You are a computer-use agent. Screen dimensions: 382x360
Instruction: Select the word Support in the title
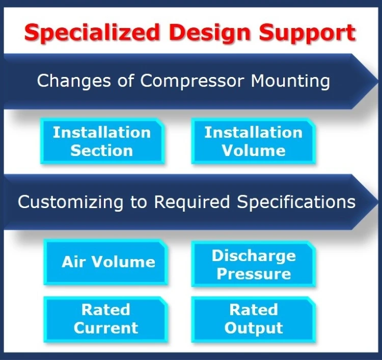tap(304, 33)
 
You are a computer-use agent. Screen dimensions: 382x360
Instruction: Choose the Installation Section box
tap(102, 141)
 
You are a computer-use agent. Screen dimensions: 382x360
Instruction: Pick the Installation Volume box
tap(253, 141)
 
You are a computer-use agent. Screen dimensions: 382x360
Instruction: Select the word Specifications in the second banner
tap(295, 201)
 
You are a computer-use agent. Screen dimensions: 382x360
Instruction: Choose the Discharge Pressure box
tap(253, 264)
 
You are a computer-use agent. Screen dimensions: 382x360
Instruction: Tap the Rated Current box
tap(105, 319)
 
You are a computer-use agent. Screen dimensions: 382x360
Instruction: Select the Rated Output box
tap(253, 319)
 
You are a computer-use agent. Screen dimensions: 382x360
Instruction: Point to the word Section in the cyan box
tap(102, 150)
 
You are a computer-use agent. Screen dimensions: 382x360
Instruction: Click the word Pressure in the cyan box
tap(254, 274)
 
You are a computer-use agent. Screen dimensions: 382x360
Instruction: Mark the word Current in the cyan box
tap(106, 328)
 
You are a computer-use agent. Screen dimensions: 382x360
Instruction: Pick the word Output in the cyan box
tap(254, 328)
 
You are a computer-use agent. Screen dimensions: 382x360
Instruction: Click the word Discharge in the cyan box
tap(254, 255)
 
